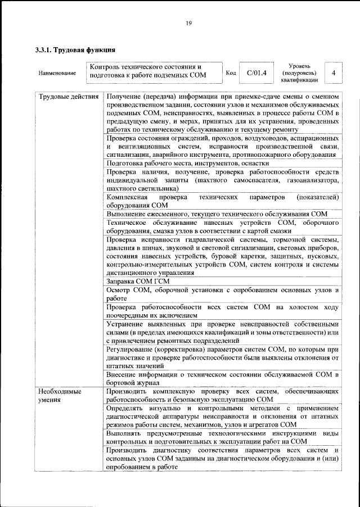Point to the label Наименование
tap(57, 74)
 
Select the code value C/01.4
tap(256, 73)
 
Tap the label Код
tap(231, 73)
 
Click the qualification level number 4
tap(334, 73)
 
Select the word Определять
tap(128, 408)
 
